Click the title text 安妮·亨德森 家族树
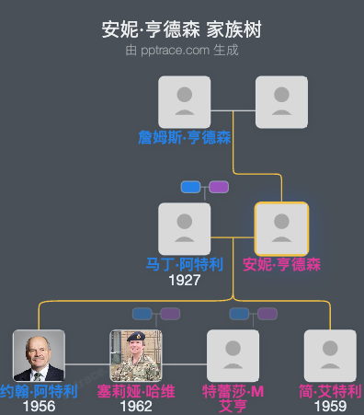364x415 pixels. [x=182, y=29]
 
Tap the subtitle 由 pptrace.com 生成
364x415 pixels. [x=182, y=51]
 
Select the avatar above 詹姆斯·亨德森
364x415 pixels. [x=185, y=101]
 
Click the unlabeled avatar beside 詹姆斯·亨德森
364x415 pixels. [x=281, y=101]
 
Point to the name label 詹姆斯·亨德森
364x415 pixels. [x=185, y=137]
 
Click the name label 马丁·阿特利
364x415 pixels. [x=185, y=264]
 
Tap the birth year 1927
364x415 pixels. [x=185, y=280]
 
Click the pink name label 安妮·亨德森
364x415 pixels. [x=281, y=264]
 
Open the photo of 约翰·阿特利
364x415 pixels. [x=39, y=355]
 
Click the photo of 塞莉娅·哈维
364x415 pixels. [x=136, y=355]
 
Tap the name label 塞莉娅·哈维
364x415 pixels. [x=136, y=391]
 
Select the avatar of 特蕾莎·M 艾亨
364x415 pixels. [x=233, y=355]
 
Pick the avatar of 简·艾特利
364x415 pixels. [x=330, y=355]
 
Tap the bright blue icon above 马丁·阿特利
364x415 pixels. [x=191, y=187]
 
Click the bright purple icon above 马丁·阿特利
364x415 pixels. [x=219, y=187]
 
